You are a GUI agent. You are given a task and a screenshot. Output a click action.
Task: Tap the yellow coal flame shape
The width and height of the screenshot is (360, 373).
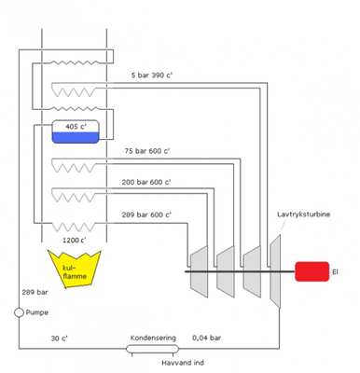tap(74, 269)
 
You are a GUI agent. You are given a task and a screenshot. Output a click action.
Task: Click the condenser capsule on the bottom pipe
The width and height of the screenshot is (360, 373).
tap(153, 350)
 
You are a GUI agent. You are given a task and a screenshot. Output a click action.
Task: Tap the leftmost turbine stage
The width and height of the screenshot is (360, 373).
tap(198, 270)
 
